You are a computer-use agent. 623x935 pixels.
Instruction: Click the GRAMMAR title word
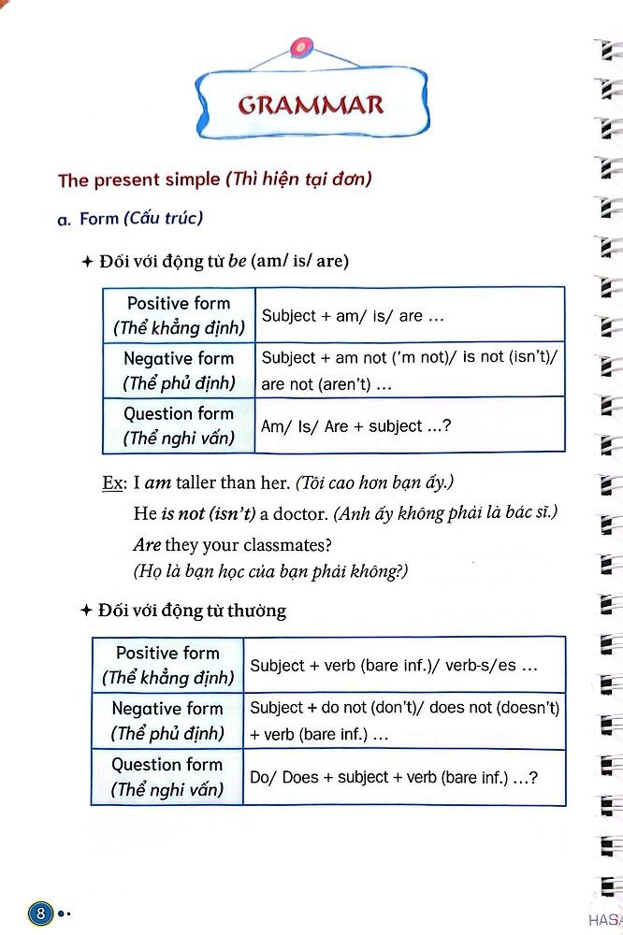[x=311, y=105]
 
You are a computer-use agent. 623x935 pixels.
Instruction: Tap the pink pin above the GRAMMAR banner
[x=300, y=46]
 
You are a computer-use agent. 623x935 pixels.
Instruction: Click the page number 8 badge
[x=40, y=911]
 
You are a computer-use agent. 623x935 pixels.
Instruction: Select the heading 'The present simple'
[x=140, y=180]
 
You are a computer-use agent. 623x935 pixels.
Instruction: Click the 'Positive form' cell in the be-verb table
[x=179, y=315]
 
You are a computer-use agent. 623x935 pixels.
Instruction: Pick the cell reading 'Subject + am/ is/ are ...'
[x=353, y=316]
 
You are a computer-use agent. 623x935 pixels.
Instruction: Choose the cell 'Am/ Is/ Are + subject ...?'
[x=355, y=426]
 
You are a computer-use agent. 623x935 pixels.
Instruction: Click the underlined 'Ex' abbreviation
[x=112, y=483]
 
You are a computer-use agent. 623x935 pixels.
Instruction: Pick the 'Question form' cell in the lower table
[x=167, y=776]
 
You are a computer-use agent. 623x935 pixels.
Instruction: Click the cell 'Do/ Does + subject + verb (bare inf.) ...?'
[x=394, y=777]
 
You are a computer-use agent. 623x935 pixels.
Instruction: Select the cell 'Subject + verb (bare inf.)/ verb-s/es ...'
[x=394, y=666]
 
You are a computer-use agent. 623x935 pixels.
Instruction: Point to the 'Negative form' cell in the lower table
[x=167, y=721]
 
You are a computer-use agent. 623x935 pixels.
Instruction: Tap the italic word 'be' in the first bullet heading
[x=237, y=262]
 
